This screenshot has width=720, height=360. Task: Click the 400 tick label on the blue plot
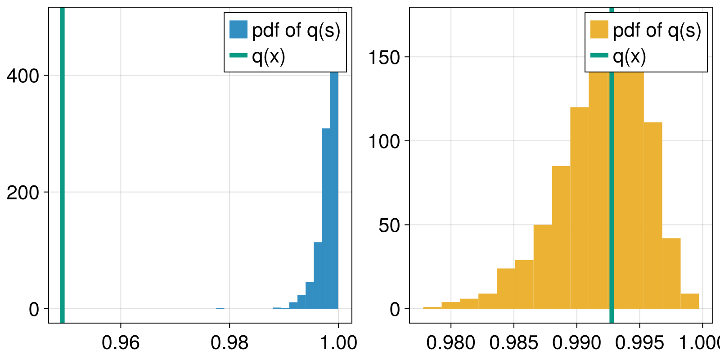tap(22, 76)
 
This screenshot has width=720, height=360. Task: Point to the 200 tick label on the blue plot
tap(22, 193)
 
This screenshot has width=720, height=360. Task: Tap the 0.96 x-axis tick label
tap(121, 343)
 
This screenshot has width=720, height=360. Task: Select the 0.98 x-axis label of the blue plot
tap(229, 343)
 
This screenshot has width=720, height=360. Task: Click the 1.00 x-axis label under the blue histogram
tap(338, 343)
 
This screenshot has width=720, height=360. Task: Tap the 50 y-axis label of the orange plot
tap(389, 225)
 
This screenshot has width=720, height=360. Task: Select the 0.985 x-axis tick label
tap(514, 343)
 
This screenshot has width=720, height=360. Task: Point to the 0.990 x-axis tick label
tap(577, 343)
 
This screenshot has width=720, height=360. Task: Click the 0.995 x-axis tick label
tap(639, 343)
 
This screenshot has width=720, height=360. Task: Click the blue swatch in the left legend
tap(238, 30)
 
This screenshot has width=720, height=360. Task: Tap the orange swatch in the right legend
tap(599, 30)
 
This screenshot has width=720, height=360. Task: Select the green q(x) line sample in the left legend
tap(238, 55)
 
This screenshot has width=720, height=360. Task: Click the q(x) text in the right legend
tap(630, 56)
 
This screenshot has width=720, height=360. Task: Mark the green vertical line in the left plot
tap(63, 180)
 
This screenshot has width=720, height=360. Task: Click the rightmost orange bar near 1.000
tap(690, 301)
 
